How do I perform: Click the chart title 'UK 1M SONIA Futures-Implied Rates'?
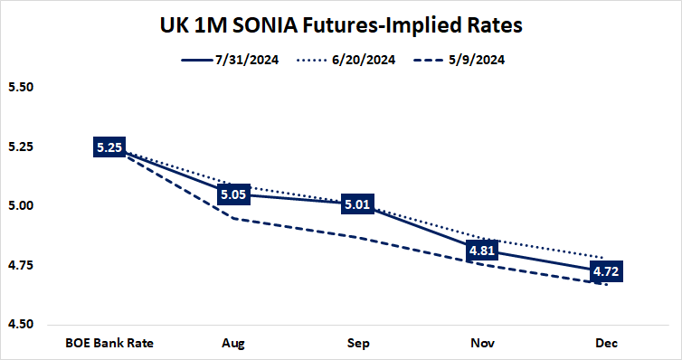point(341,25)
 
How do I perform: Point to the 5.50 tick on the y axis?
point(19,88)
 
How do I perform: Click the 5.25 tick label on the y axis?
point(19,147)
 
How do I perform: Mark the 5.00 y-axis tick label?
point(19,206)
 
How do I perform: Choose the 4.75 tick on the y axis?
point(19,265)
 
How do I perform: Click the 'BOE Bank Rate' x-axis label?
point(109,344)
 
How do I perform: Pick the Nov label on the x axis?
point(481,344)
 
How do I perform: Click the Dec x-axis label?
point(605,344)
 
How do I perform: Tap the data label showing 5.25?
point(109,147)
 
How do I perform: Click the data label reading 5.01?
point(356,204)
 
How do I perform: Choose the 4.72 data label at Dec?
point(605,270)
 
